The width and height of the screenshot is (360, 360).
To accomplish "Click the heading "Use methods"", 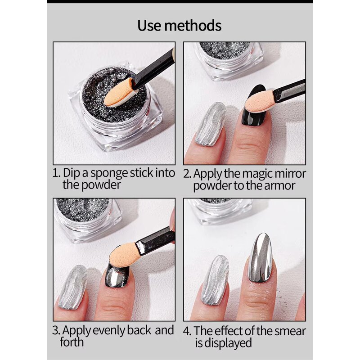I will click(180, 25).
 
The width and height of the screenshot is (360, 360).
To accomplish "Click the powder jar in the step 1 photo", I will click(115, 106).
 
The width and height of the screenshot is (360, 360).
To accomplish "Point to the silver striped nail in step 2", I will click(211, 124).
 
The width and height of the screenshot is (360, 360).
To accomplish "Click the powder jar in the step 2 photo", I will click(229, 58).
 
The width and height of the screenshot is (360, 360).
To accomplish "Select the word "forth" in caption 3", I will click(72, 342).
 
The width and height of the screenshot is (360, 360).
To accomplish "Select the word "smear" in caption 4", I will click(288, 331).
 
